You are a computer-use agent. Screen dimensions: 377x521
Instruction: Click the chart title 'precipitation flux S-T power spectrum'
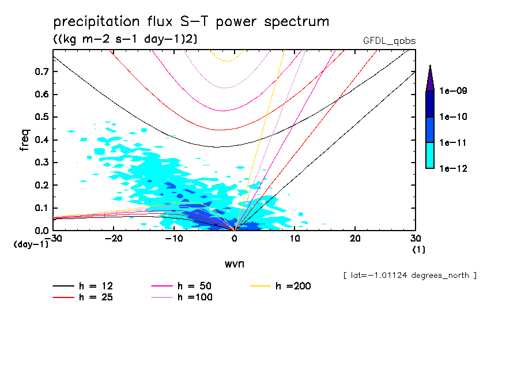point(191,22)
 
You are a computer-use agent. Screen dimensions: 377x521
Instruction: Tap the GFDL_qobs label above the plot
point(389,41)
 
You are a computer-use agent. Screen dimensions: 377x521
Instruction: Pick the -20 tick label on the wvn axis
point(114,238)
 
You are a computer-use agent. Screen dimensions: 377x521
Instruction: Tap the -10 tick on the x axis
point(174,238)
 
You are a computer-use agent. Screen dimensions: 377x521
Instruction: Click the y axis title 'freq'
point(25,140)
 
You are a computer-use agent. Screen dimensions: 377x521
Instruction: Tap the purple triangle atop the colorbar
point(430,78)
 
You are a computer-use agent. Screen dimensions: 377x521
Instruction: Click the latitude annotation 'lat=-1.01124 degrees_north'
point(410,275)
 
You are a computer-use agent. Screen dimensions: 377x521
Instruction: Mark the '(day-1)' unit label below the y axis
point(32,244)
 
